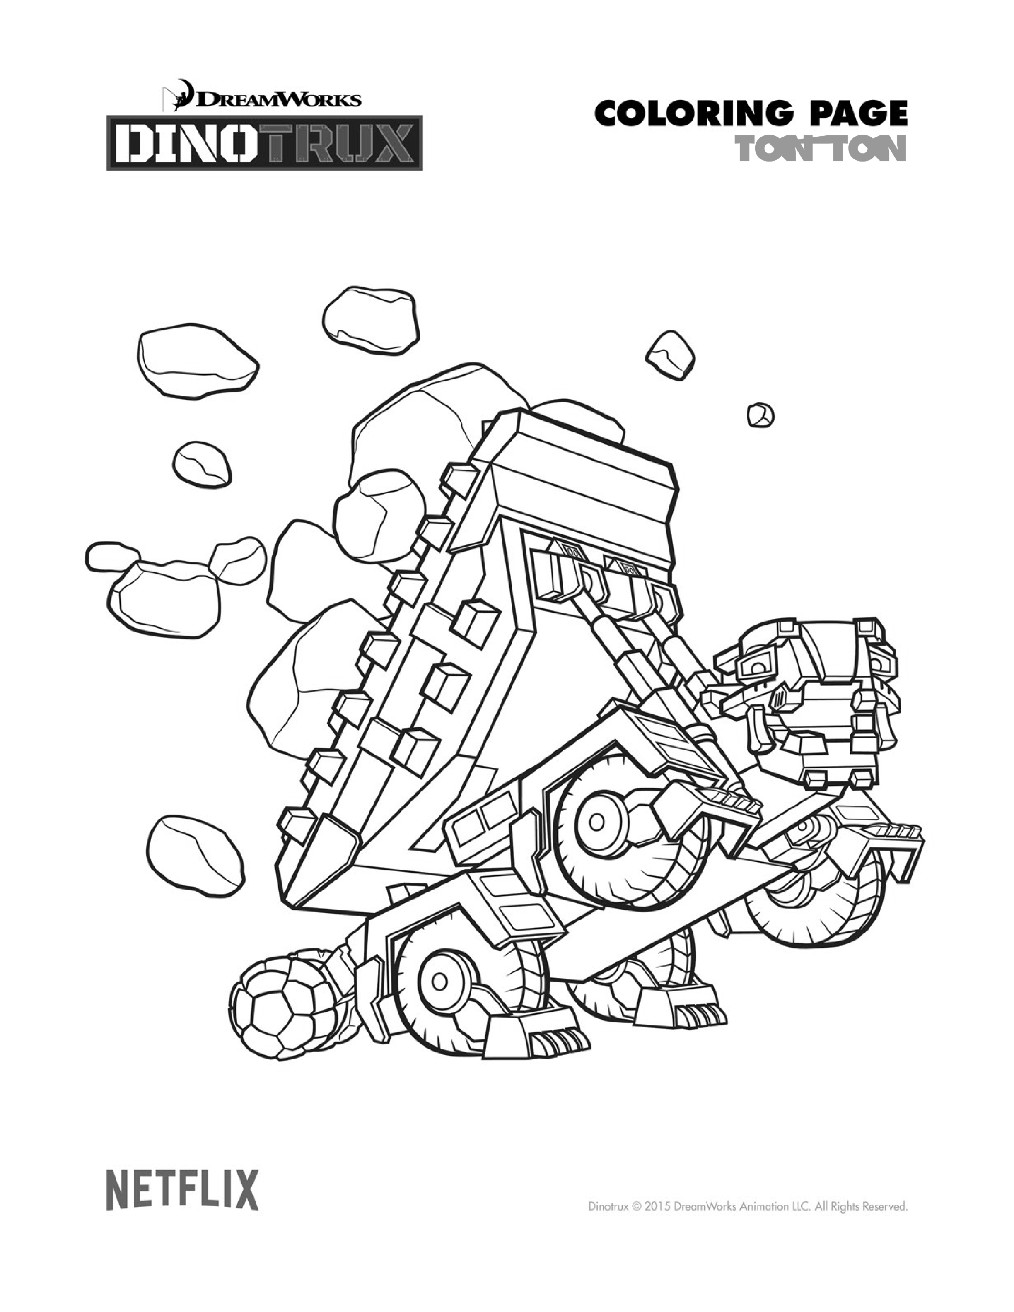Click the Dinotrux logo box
tap(264, 142)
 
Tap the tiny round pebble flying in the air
tap(760, 415)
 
